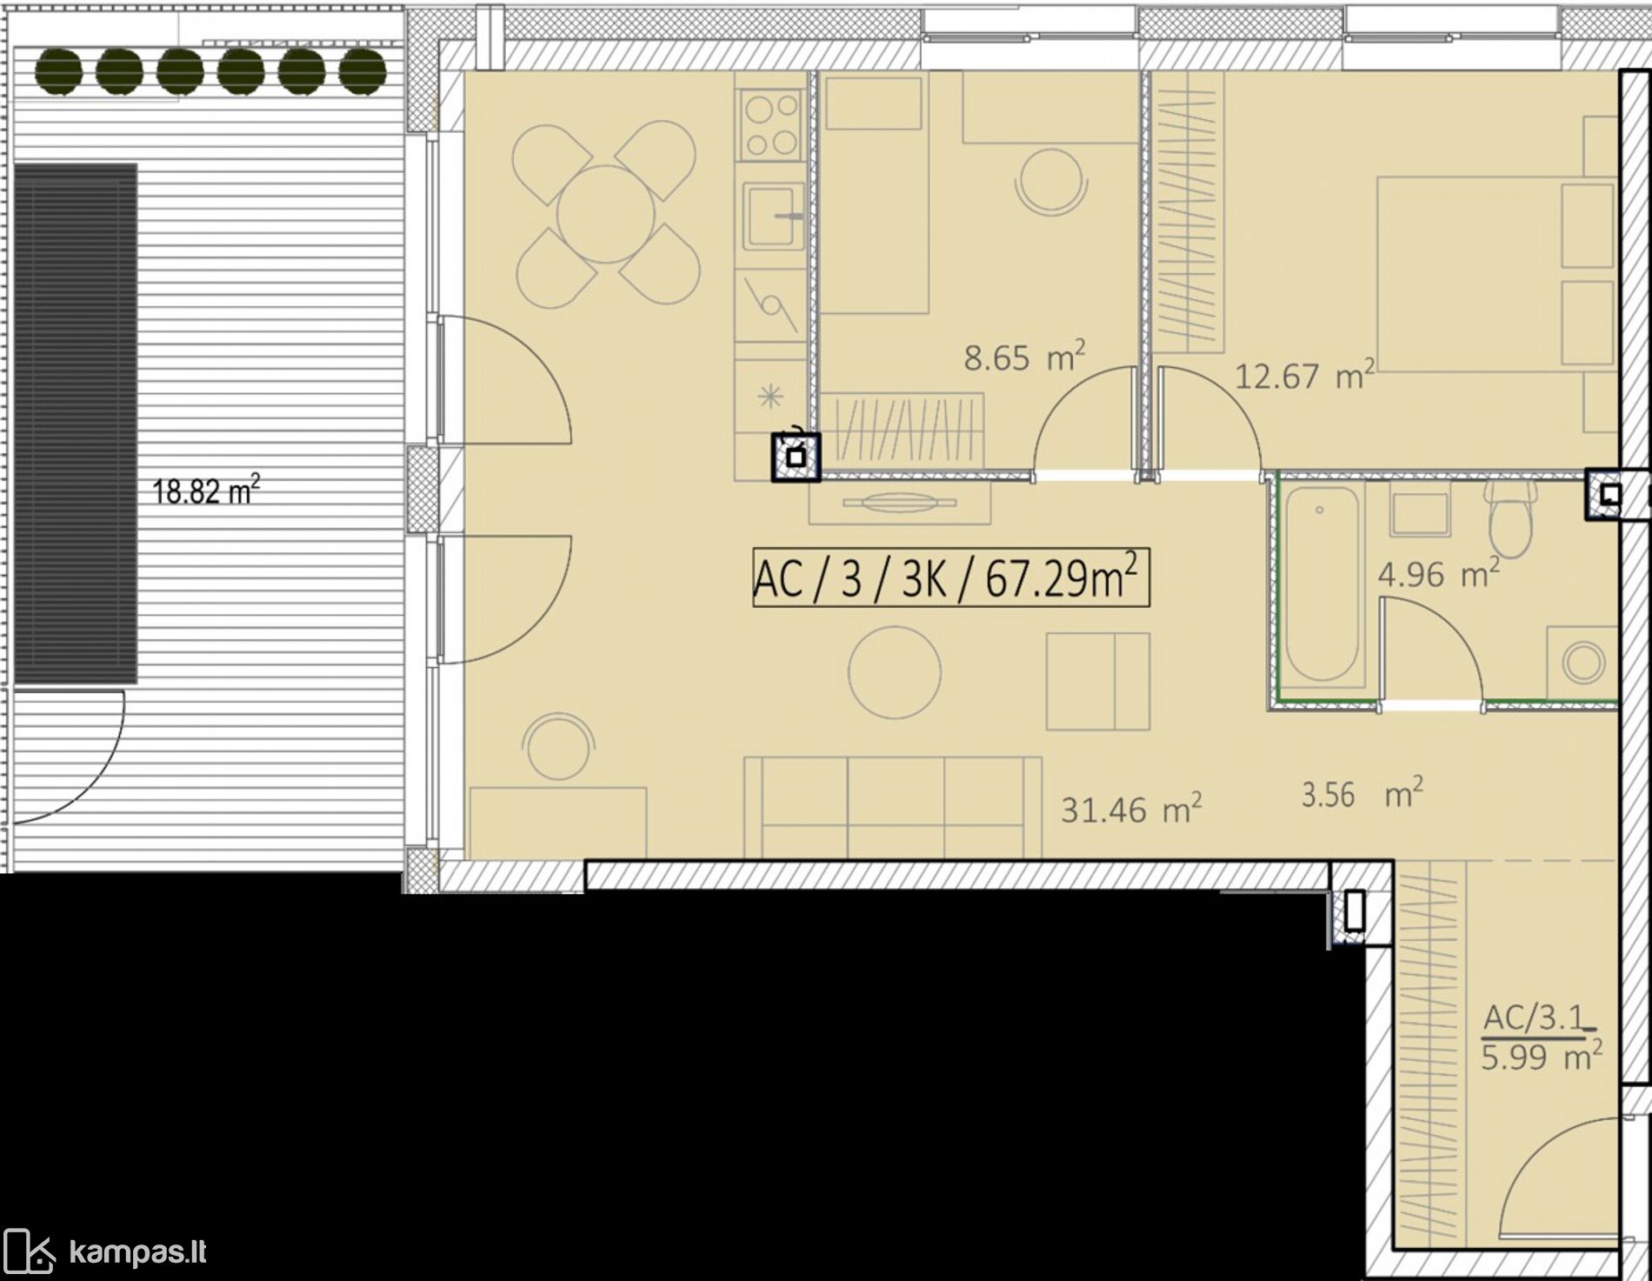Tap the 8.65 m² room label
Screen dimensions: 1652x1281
[x=1024, y=357]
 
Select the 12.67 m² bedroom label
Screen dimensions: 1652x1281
[x=1304, y=376]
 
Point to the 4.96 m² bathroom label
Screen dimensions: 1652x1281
[x=1438, y=573]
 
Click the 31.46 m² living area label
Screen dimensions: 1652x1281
[x=1131, y=810]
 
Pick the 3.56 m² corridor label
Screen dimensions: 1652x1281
[x=1362, y=793]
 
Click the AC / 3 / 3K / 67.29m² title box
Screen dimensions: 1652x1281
[x=950, y=577]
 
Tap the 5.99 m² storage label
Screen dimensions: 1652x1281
[x=1542, y=1057]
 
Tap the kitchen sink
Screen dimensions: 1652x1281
[x=773, y=215]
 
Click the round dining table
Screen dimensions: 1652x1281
[x=606, y=214]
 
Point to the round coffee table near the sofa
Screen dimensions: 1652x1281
[x=895, y=673]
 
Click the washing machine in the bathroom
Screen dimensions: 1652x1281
[x=1582, y=663]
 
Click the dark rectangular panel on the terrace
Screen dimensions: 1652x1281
[x=76, y=424]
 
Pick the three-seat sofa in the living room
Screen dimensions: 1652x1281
[x=893, y=806]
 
